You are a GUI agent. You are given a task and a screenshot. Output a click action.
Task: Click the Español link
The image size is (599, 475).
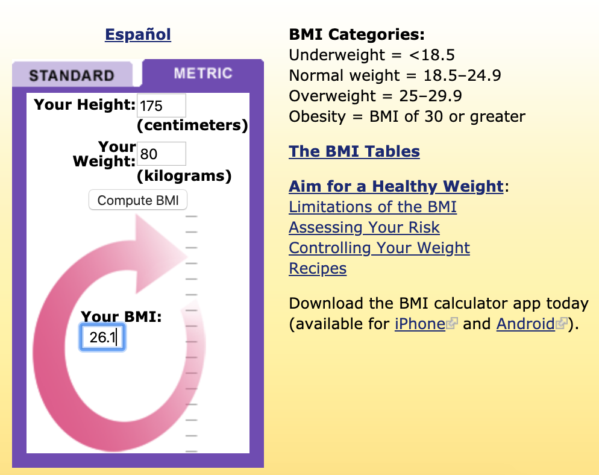(138, 35)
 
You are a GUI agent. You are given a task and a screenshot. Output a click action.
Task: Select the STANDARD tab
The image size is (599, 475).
(72, 75)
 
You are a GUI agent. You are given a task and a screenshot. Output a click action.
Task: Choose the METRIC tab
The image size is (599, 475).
(203, 73)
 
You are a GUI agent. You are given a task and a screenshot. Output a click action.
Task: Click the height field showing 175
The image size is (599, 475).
(162, 105)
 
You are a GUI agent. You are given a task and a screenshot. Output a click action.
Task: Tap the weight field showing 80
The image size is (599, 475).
(162, 154)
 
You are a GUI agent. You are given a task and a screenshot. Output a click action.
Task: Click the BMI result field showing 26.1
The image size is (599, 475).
(102, 337)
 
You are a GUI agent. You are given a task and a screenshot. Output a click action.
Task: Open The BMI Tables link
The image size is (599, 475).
(354, 151)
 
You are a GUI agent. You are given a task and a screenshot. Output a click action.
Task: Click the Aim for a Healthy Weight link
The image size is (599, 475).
(396, 186)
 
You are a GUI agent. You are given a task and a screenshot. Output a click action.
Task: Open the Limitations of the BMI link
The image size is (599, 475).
(372, 207)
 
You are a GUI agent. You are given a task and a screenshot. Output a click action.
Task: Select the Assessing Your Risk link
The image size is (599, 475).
(364, 227)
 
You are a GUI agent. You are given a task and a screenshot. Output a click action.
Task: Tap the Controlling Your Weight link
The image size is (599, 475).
(379, 248)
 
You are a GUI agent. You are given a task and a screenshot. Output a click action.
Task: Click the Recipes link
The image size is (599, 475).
(318, 268)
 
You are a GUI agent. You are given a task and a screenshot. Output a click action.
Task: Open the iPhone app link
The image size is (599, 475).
(420, 324)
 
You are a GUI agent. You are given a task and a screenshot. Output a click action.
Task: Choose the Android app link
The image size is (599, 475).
(525, 324)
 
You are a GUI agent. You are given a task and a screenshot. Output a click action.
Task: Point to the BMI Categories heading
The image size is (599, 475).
(356, 34)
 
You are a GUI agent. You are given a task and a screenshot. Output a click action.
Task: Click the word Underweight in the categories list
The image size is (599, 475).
(336, 55)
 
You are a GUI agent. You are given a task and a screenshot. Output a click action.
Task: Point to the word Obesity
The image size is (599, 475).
(317, 116)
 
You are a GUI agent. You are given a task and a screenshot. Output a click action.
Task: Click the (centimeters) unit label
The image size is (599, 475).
(192, 125)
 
